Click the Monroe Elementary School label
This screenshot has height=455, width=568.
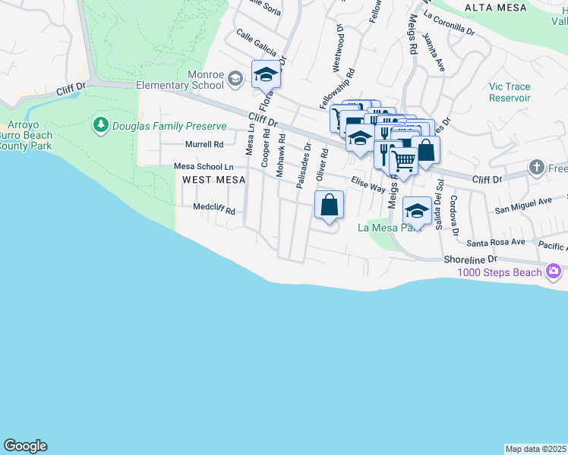click(180, 80)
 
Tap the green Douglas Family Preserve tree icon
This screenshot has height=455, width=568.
click(99, 124)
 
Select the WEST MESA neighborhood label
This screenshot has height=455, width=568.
click(213, 180)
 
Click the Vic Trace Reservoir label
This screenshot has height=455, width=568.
click(510, 93)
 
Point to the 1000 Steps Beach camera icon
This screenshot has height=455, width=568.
click(554, 271)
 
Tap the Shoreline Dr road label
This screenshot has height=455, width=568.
click(470, 259)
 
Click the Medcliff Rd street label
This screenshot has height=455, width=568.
click(214, 207)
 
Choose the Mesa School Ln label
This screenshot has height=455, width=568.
click(204, 166)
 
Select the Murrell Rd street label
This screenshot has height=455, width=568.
click(204, 144)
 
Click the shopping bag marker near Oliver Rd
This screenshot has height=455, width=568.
click(329, 205)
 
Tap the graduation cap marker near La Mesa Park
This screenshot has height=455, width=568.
click(417, 211)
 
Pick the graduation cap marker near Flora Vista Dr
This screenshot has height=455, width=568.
click(266, 74)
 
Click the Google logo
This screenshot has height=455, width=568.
click(25, 446)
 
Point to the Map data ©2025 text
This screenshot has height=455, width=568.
click(536, 449)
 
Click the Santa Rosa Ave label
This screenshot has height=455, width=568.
click(496, 243)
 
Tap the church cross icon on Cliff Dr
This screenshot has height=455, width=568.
click(536, 167)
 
